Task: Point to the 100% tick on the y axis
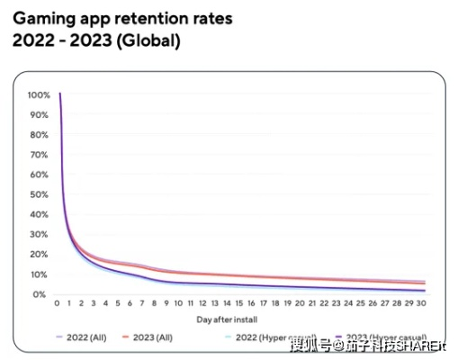tap(39, 94)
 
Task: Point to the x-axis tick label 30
tap(435, 304)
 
